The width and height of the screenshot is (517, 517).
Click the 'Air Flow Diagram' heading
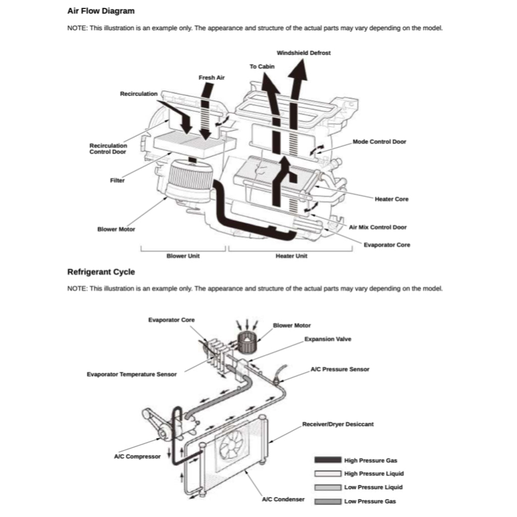101,11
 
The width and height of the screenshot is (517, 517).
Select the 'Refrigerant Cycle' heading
101,272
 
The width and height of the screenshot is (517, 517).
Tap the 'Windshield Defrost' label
303,53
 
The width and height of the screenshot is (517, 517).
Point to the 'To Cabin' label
262,67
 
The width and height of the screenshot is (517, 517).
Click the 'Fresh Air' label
212,77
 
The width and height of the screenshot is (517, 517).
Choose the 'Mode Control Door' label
379,142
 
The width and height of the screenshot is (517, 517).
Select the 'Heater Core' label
391,199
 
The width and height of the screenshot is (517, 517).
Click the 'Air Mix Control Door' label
378,227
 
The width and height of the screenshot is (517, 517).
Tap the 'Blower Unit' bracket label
183,256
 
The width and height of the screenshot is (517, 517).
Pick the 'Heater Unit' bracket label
291,256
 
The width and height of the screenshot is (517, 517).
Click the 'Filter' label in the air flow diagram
117,180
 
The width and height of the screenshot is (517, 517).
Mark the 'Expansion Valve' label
328,339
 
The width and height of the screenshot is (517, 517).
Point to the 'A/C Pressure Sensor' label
340,369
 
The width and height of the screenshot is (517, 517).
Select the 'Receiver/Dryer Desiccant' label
338,424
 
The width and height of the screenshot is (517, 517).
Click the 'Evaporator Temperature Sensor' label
132,374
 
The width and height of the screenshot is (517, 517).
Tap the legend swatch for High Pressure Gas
328,460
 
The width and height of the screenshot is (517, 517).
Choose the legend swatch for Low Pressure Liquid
328,487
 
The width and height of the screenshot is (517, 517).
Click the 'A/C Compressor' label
137,456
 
